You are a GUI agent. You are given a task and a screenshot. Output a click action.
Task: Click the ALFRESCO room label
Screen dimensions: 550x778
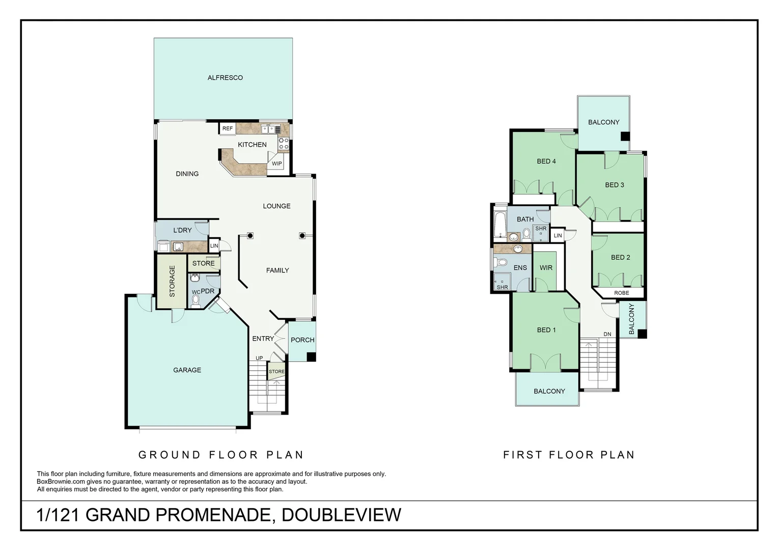point(225,78)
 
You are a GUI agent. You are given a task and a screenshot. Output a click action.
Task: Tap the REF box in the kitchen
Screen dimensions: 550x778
point(228,128)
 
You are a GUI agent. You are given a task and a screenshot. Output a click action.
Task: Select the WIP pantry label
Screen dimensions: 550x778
point(276,164)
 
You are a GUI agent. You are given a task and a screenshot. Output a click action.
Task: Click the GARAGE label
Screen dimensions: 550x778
point(187,370)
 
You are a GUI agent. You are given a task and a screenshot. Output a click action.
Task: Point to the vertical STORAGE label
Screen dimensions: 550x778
point(172,281)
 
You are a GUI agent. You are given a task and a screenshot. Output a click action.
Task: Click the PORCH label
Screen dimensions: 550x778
point(302,340)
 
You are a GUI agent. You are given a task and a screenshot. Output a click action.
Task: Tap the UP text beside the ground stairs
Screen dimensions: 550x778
point(259,358)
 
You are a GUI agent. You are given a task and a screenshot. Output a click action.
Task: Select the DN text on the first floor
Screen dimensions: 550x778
point(607,335)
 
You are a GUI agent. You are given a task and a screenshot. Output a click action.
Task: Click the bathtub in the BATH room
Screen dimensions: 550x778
point(499,225)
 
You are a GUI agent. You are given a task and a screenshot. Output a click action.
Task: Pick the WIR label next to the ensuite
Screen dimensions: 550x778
point(546,268)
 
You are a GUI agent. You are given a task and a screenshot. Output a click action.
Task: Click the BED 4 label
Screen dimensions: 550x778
point(546,161)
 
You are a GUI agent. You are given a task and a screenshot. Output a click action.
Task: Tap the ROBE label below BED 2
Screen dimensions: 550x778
point(621,293)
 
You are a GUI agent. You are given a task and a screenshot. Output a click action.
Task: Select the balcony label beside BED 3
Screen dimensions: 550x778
point(603,122)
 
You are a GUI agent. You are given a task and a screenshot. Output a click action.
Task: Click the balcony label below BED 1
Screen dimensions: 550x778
point(549,392)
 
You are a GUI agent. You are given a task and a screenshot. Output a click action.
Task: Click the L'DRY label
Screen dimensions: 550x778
point(182,230)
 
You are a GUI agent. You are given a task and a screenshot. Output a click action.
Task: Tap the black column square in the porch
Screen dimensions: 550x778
point(311,357)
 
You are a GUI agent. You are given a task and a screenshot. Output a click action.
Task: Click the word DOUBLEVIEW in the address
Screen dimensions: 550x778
point(341,515)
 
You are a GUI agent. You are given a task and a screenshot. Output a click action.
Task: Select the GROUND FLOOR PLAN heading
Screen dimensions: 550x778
point(221,455)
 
